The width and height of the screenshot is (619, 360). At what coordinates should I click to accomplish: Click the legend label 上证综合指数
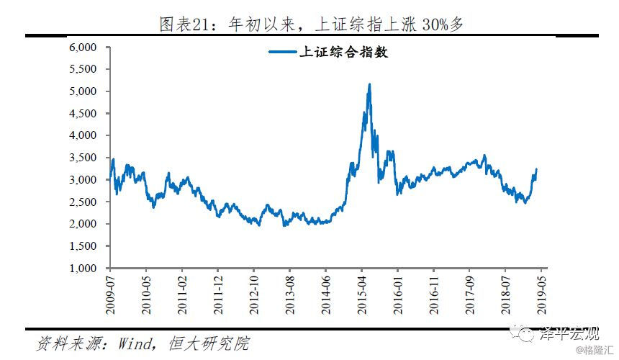[343, 52]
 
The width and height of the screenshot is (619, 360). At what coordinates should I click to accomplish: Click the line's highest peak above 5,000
[369, 84]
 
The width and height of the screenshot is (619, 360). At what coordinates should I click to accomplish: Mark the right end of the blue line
[536, 169]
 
